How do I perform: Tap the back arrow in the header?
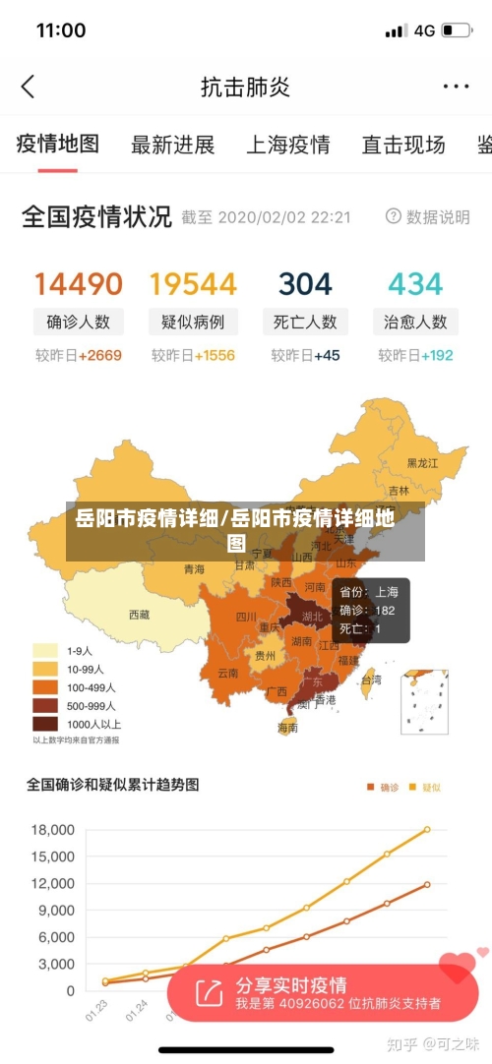coord(28,87)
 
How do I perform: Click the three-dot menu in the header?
coord(455,87)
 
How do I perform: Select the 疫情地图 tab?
coord(58,145)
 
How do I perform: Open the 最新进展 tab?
coord(172,146)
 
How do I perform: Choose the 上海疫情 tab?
coord(287,146)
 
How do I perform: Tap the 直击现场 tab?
coord(403,146)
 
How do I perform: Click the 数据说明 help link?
coord(428,216)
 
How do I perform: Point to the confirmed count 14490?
coord(79,284)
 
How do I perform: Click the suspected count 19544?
coord(193,284)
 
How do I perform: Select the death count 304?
coord(305,284)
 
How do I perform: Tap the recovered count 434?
coord(415,284)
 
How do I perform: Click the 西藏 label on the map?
coord(140,615)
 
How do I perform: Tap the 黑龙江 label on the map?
coord(423,462)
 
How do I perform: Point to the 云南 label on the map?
coord(227,673)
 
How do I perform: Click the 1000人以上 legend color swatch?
coord(45,724)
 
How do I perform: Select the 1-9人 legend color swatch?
coord(45,651)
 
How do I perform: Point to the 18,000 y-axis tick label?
coord(53,829)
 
